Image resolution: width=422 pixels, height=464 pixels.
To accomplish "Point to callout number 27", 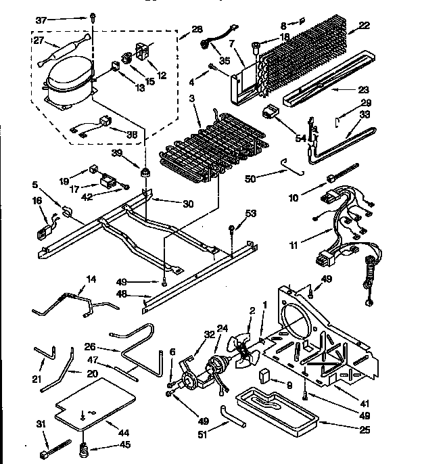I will click(39, 41).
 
